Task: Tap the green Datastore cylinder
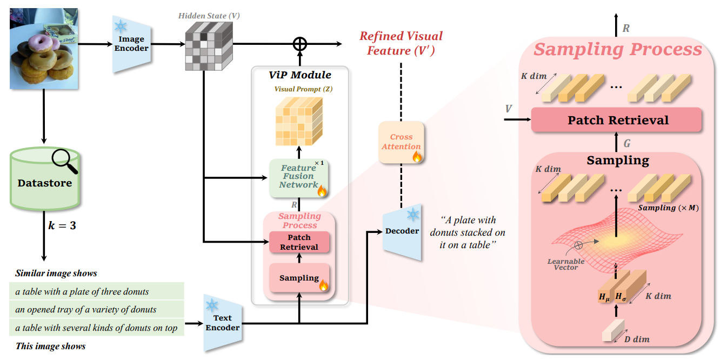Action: tap(44, 183)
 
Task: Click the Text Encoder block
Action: tap(222, 323)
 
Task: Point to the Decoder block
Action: tap(402, 231)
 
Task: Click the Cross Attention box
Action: tap(401, 142)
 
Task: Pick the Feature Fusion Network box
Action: tap(298, 177)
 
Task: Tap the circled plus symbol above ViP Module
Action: tap(299, 44)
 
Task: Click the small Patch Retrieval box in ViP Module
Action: tap(299, 242)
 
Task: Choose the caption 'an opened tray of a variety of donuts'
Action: tap(85, 310)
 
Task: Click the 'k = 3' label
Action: tap(60, 225)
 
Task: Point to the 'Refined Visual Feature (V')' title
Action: tap(401, 43)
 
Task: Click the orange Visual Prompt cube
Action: tap(298, 121)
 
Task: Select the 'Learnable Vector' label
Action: tap(565, 264)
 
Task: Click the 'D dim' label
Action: tap(637, 339)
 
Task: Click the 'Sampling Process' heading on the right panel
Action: tap(617, 50)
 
